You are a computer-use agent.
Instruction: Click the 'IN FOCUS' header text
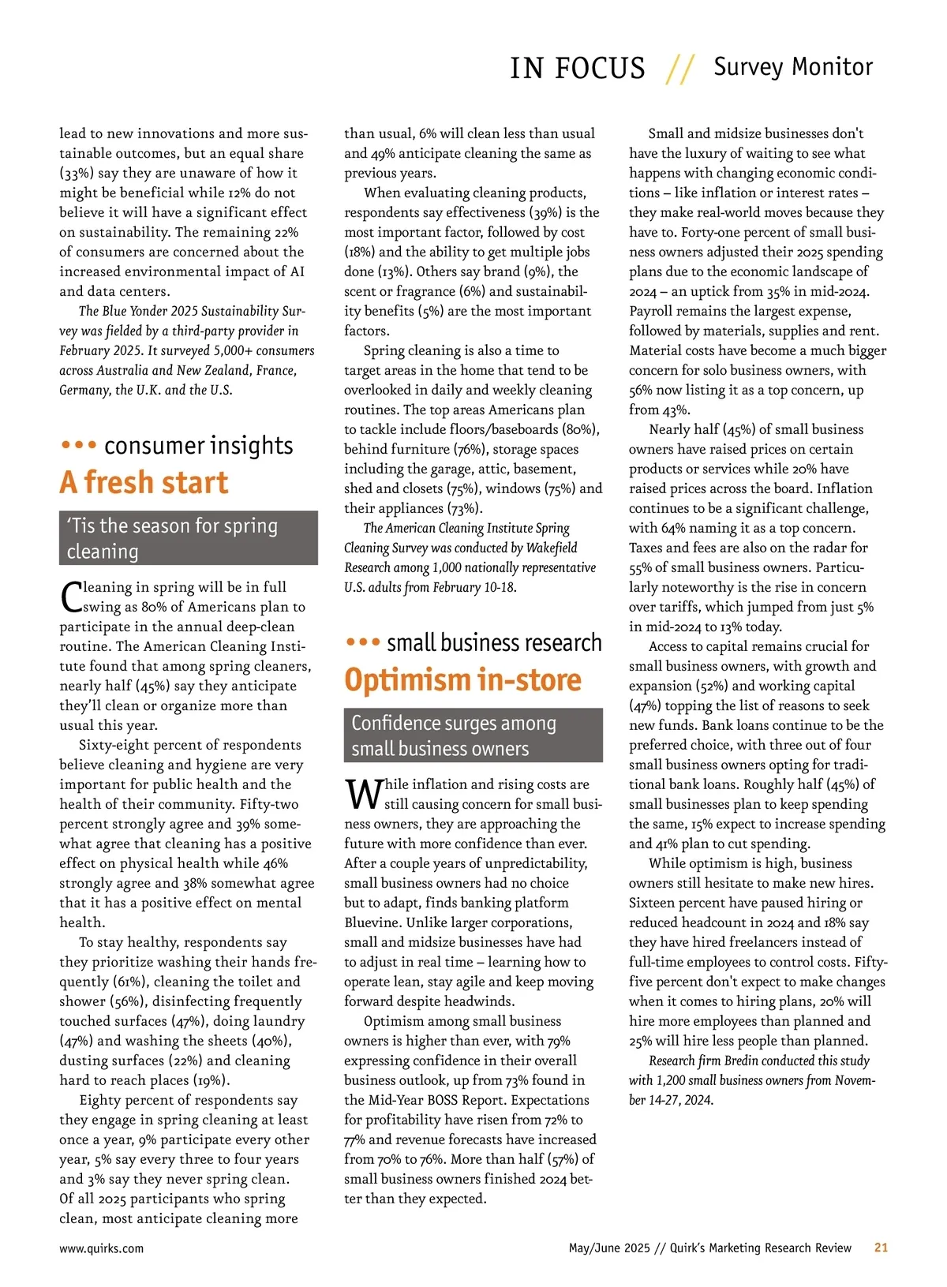(x=577, y=68)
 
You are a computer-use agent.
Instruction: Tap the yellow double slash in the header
(x=679, y=69)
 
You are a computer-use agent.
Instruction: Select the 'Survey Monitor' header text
(x=793, y=66)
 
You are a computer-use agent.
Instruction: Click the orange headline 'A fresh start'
(x=144, y=482)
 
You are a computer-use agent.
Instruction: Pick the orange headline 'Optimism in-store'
(x=462, y=679)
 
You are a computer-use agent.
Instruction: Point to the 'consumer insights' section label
(x=198, y=446)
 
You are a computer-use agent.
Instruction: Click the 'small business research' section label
(x=494, y=642)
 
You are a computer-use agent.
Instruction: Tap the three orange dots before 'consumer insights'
(x=78, y=445)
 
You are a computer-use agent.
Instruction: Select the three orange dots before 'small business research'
(x=363, y=642)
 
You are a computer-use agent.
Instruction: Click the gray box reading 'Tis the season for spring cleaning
(x=189, y=537)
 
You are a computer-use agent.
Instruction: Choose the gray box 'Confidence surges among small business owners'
(x=473, y=735)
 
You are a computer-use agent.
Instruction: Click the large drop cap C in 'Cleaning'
(x=70, y=597)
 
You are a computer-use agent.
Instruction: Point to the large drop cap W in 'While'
(x=363, y=795)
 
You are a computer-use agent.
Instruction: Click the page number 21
(x=881, y=1248)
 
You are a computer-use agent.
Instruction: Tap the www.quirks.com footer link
(x=101, y=1248)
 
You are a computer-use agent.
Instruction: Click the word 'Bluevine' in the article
(x=378, y=922)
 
